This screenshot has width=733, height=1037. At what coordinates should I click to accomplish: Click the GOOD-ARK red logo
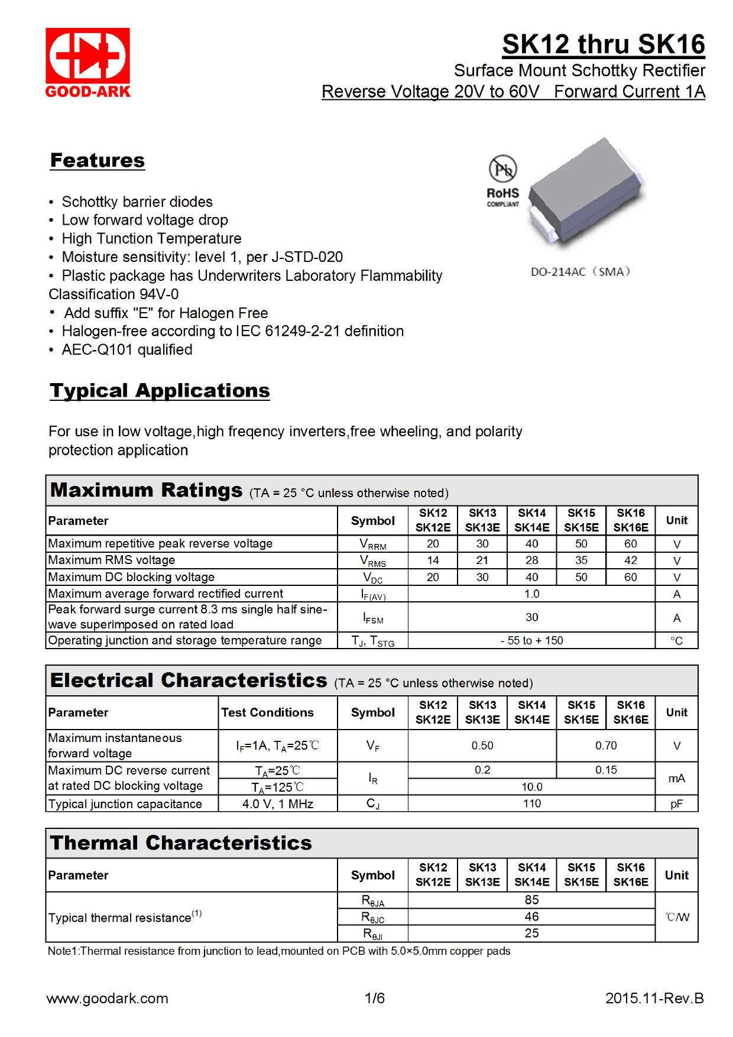(87, 62)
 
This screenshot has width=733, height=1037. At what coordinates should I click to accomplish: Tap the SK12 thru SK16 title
(603, 44)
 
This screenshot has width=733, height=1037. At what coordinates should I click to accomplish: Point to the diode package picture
(585, 192)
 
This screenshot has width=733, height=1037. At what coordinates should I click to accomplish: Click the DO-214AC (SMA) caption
(580, 272)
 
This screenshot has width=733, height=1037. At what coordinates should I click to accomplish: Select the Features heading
(98, 161)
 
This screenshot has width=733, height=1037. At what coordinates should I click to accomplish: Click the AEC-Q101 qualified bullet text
(127, 350)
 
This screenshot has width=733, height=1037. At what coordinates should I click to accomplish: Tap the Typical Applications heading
(160, 391)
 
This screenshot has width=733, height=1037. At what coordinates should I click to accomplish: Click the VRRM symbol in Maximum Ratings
(373, 545)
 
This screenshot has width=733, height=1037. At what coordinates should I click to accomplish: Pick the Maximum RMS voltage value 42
(631, 560)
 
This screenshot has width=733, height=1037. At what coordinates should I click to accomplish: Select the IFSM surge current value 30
(531, 617)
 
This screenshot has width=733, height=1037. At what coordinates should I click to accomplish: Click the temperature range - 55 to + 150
(531, 641)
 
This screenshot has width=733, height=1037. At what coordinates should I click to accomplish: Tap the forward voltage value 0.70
(606, 746)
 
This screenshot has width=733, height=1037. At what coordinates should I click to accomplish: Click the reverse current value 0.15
(606, 770)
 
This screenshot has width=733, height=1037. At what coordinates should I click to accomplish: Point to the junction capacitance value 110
(531, 804)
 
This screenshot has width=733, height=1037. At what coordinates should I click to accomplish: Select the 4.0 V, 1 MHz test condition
(278, 804)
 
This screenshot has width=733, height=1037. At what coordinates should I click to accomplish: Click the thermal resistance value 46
(531, 917)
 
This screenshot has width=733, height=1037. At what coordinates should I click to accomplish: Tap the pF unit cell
(677, 804)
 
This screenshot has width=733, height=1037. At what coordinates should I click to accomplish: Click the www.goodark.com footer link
(107, 999)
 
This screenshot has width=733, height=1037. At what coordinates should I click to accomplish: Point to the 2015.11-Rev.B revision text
(654, 999)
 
